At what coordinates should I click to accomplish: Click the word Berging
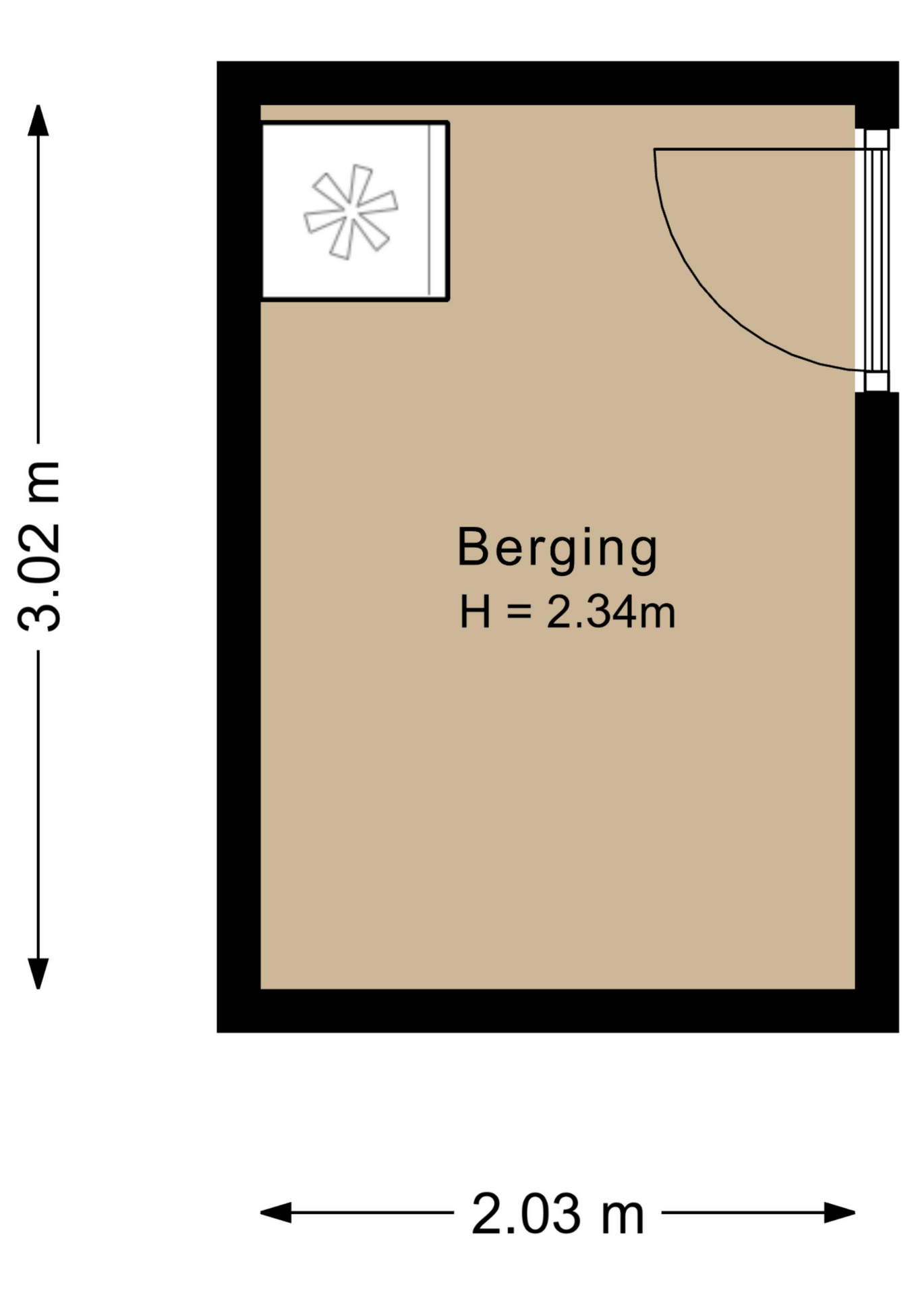pos(557,549)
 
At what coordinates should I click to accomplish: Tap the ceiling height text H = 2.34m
pos(567,612)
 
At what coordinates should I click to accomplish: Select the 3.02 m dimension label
pos(40,547)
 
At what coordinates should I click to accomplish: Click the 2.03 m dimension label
pos(557,1214)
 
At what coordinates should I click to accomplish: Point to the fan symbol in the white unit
pos(351,212)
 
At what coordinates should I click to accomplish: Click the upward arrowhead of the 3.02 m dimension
pos(38,120)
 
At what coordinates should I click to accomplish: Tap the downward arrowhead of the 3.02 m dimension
pos(38,973)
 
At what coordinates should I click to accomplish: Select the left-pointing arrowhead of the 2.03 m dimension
pos(276,1213)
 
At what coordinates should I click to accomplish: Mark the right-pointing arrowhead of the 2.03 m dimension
pos(840,1213)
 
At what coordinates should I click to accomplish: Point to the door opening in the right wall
pos(876,260)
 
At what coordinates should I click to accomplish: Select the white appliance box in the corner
pos(355,211)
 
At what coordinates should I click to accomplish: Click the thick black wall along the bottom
pos(558,1010)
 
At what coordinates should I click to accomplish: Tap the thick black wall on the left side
pos(239,547)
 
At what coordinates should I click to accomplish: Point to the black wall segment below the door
pos(877,691)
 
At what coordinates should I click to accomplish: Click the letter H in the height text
pos(475,612)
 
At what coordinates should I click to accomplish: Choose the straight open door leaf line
pos(760,149)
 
